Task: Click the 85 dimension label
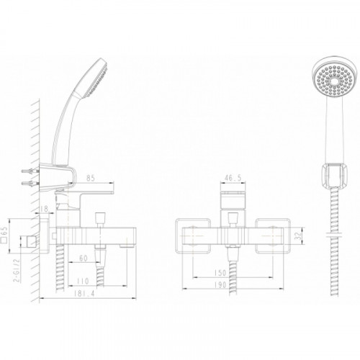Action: [91, 178]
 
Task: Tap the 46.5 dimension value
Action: [233, 178]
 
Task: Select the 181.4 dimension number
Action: [84, 293]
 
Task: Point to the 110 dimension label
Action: [83, 281]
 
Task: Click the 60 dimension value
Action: [83, 258]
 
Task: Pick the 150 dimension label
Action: [220, 273]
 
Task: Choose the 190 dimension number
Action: [220, 284]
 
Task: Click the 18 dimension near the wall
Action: [44, 209]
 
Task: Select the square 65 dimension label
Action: [5, 235]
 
